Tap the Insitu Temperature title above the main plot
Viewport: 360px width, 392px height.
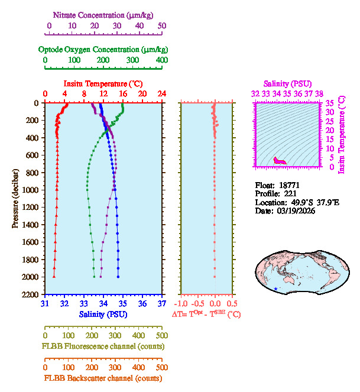pyautogui.click(x=103, y=84)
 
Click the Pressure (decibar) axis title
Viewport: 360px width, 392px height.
pyautogui.click(x=15, y=198)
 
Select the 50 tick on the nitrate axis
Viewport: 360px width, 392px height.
pyautogui.click(x=162, y=26)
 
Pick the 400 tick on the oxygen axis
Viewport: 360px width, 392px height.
pyautogui.click(x=161, y=60)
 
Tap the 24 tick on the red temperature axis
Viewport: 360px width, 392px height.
pyautogui.click(x=161, y=95)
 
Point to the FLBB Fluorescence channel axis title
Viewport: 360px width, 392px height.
pyautogui.click(x=103, y=346)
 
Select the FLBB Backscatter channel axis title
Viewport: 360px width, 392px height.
pyautogui.click(x=103, y=378)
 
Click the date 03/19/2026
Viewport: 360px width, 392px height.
pyautogui.click(x=296, y=211)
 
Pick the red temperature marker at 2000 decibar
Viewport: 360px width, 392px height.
pyautogui.click(x=54, y=276)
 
